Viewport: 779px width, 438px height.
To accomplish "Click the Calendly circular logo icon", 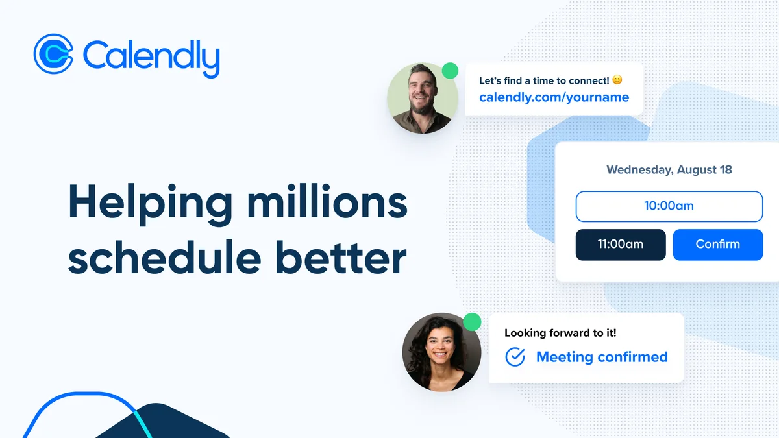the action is tap(53, 54).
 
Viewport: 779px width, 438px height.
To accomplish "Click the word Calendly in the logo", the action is tap(151, 59).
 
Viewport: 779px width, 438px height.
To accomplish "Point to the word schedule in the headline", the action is tap(164, 257).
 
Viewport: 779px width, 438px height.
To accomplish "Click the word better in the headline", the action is tap(341, 257).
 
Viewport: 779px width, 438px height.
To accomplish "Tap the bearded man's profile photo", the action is tap(423, 99).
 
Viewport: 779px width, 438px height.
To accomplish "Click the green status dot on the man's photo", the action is tap(450, 71).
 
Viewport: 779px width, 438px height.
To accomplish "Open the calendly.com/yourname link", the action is tap(554, 97).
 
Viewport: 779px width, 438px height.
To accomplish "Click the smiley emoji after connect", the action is tap(617, 80).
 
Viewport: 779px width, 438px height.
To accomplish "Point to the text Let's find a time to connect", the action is tap(544, 80).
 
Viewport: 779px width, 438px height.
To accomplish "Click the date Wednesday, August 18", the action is tap(669, 169).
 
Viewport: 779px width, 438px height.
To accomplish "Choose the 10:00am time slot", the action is tap(669, 206).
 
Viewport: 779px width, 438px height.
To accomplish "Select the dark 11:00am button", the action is tap(621, 245).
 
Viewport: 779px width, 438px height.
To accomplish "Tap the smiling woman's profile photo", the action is tap(441, 352).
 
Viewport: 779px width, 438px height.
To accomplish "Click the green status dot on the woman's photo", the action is tap(472, 322).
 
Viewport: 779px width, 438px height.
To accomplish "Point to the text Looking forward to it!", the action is tap(560, 333).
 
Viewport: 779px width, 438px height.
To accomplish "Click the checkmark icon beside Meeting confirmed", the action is tap(515, 357).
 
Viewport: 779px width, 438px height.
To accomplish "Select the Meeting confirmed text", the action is tap(602, 357).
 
